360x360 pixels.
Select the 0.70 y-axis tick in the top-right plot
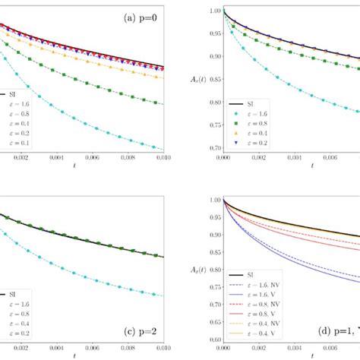[x=213, y=148]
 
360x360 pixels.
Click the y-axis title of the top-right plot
[x=199, y=79]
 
